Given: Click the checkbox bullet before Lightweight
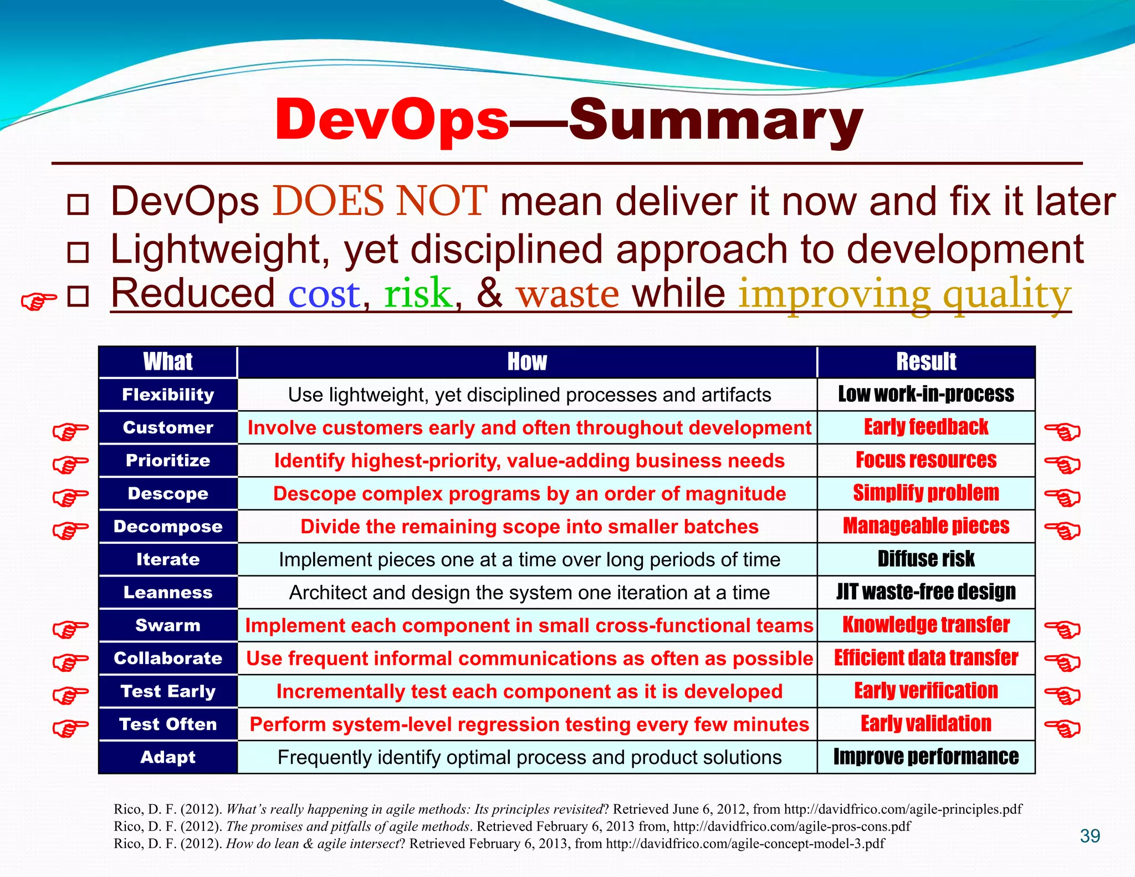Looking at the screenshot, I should [x=78, y=252].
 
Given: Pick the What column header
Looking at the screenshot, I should [x=168, y=361].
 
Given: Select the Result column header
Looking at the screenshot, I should [x=926, y=361].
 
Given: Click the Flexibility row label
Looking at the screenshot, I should [x=168, y=395].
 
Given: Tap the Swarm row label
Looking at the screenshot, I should [x=168, y=625].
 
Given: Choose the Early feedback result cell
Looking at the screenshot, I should [x=926, y=427].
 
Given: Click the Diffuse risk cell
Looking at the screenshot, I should [x=926, y=559].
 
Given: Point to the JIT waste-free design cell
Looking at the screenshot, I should [x=926, y=592].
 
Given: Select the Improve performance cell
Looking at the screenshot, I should [x=926, y=757].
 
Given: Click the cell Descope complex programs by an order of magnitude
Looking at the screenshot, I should [x=529, y=493].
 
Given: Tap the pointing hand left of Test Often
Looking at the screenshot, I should [x=70, y=727].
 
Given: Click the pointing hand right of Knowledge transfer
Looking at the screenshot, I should [x=1062, y=629].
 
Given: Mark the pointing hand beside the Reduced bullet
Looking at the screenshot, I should [x=38, y=301].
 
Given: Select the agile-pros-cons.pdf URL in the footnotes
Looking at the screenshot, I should [x=792, y=827].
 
